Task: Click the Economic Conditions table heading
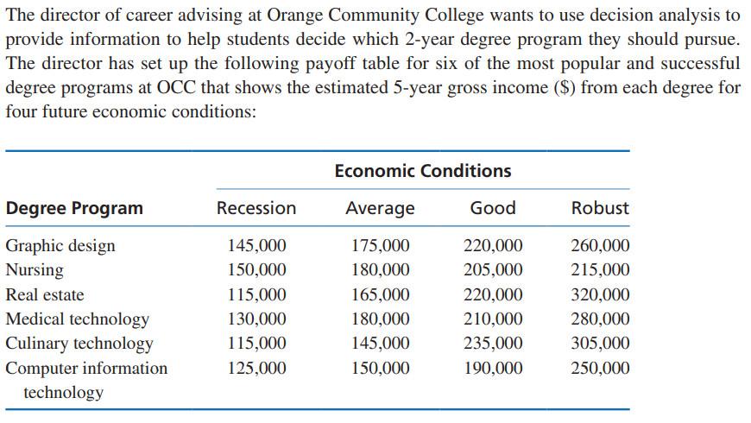click(422, 171)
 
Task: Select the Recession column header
click(256, 208)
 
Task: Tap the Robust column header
click(600, 208)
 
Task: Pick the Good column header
click(493, 208)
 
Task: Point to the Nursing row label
click(35, 270)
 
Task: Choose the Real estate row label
click(45, 294)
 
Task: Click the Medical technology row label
click(78, 319)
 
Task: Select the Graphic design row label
click(60, 246)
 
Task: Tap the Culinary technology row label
click(79, 344)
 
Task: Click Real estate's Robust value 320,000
click(600, 294)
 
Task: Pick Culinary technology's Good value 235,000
click(493, 344)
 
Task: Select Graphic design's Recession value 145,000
click(257, 246)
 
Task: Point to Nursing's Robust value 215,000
click(600, 270)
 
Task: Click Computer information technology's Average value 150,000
click(381, 369)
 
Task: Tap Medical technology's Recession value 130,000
click(257, 319)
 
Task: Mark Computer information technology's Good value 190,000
click(493, 369)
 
